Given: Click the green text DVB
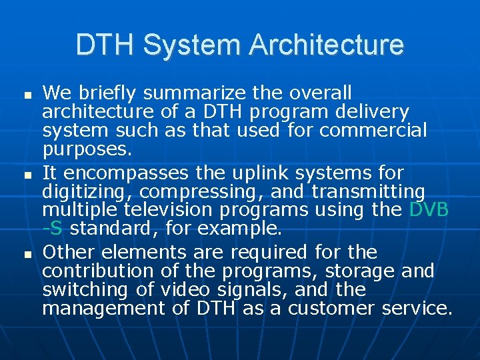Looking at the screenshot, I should tap(429, 210).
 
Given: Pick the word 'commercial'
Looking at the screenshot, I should tap(373, 130).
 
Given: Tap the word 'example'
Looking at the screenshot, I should tap(243, 229).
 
